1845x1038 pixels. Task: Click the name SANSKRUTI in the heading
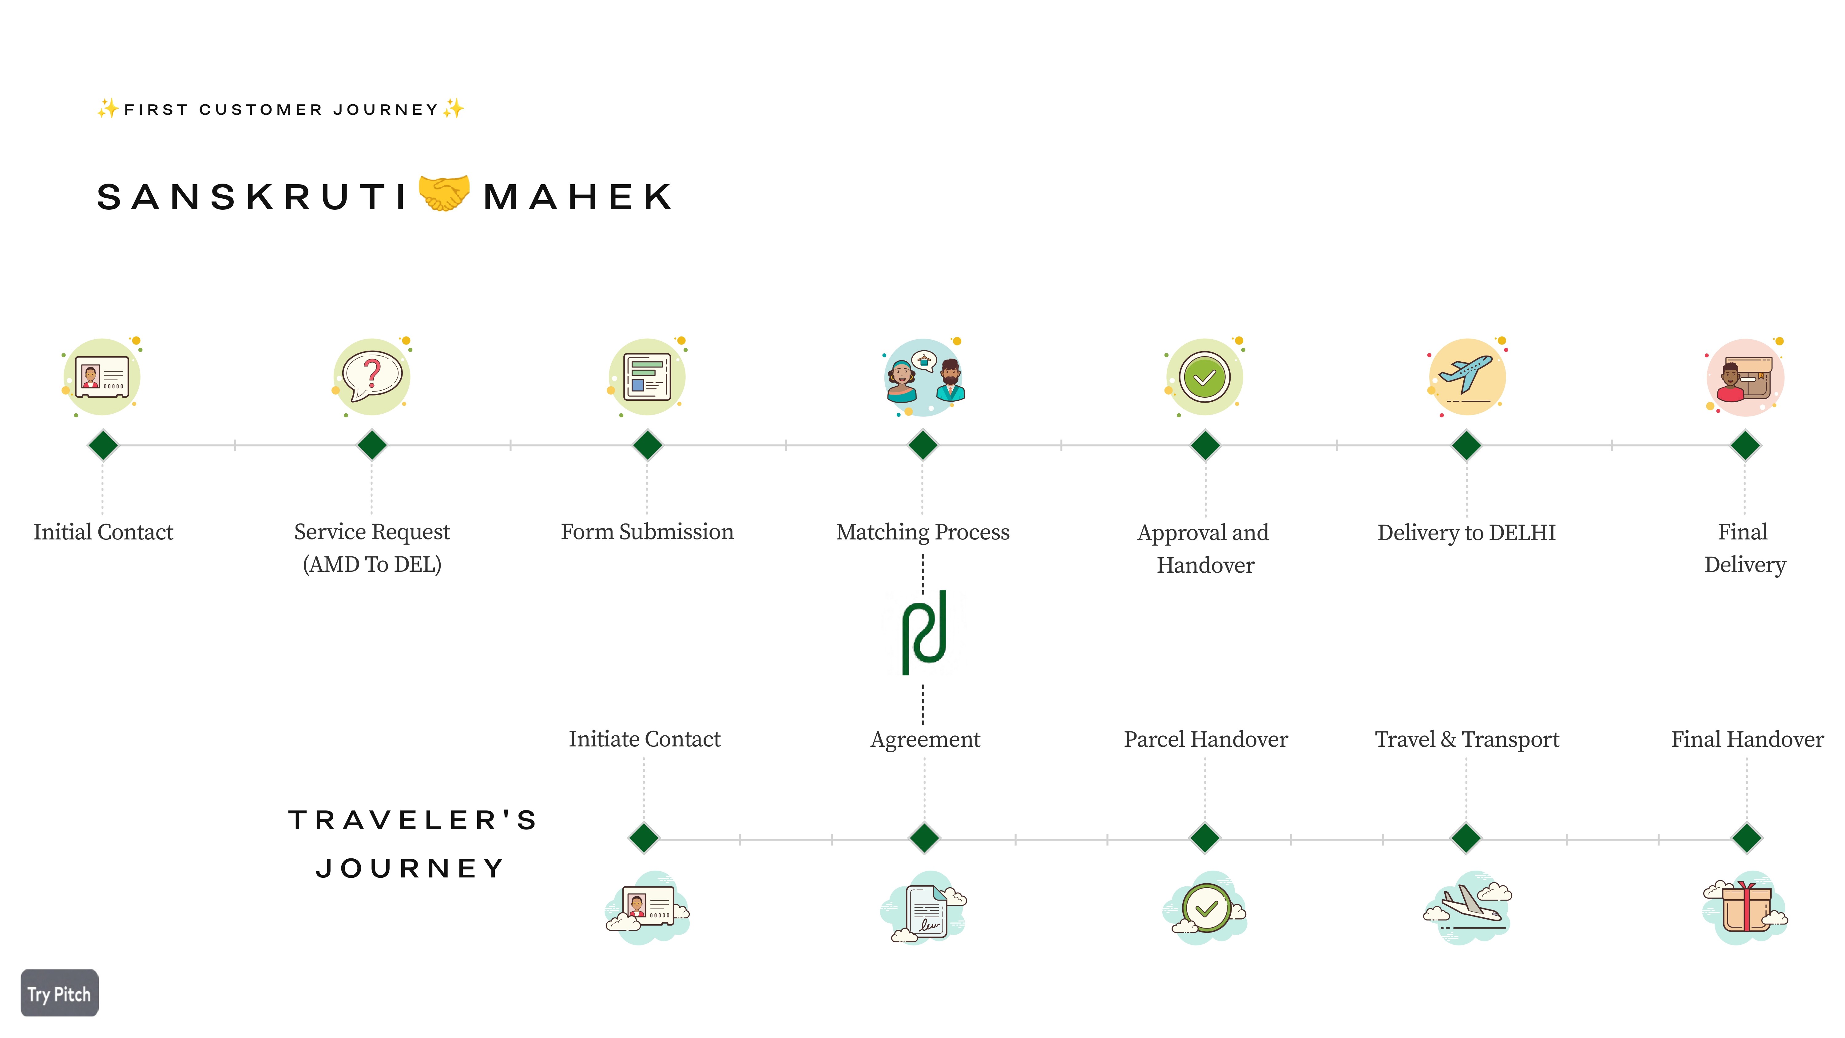coord(252,197)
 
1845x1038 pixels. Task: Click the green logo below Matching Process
coord(924,632)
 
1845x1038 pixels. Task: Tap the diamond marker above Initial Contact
coord(103,445)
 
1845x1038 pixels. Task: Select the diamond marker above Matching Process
coord(922,445)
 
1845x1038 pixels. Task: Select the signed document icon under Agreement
coord(925,908)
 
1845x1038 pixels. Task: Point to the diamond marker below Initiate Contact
coord(644,837)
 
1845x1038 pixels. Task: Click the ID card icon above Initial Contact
coord(102,376)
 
